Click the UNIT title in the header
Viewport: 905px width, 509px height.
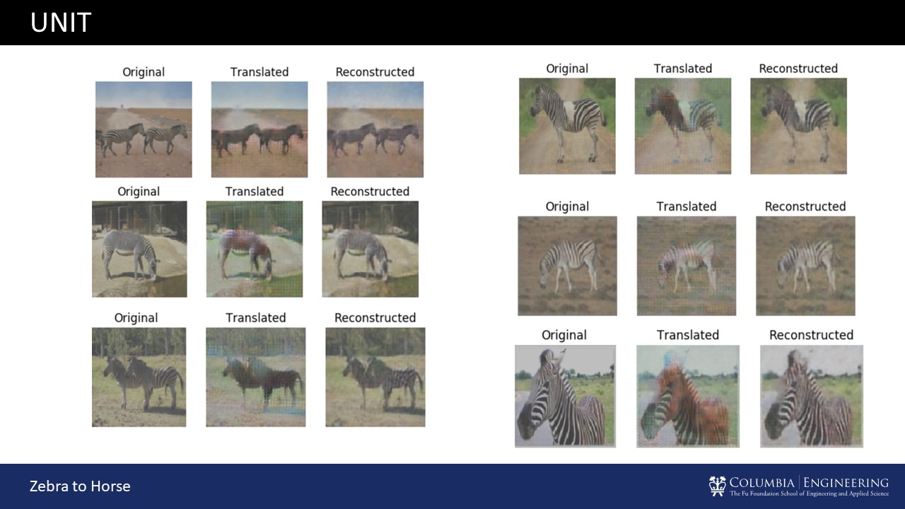61,22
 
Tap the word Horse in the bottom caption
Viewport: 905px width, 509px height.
110,486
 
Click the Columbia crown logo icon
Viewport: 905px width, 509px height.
717,486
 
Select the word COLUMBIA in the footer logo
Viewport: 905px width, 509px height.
762,483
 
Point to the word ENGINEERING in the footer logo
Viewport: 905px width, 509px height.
846,483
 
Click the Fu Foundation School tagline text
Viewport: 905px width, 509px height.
810,493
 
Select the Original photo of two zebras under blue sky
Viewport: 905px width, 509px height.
144,129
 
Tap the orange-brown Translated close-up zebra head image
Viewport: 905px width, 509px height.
688,397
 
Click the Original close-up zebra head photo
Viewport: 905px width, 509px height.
565,397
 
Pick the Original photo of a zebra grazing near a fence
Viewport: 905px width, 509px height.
139,250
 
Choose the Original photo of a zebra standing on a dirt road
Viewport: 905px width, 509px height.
567,126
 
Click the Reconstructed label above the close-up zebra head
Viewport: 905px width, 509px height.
811,335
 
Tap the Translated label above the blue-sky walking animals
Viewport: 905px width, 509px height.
259,72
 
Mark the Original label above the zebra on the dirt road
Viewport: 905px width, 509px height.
567,69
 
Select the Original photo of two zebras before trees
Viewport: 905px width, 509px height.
139,377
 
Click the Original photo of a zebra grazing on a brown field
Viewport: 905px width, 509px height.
567,266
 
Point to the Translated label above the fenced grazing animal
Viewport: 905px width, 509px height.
255,192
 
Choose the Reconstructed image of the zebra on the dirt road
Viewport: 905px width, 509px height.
799,126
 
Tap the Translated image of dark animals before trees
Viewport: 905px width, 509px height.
256,377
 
